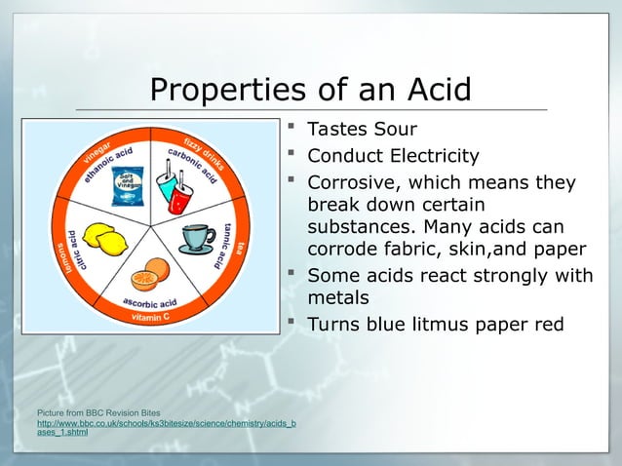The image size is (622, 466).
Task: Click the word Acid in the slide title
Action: click(x=434, y=91)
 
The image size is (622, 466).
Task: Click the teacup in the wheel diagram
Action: click(x=198, y=238)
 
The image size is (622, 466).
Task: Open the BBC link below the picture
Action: click(x=166, y=427)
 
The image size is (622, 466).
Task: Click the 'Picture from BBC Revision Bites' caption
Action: click(x=92, y=413)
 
